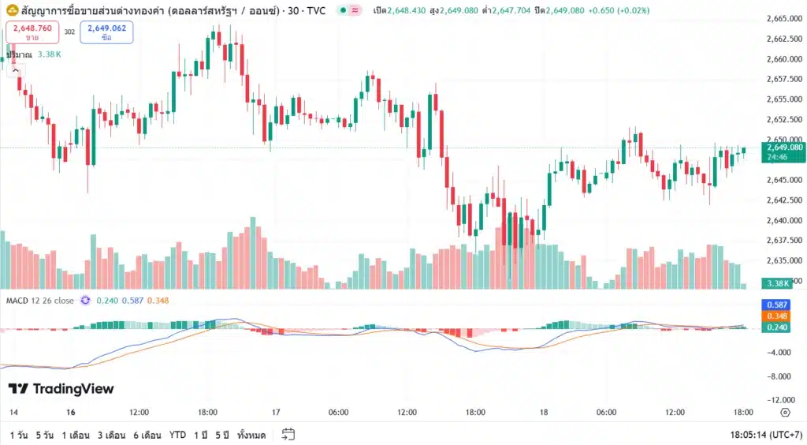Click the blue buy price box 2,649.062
tap(106, 32)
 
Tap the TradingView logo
tap(61, 389)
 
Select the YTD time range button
tap(177, 435)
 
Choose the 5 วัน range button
tap(44, 435)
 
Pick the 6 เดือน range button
tap(147, 435)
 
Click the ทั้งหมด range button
tap(251, 435)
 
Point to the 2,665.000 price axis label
tap(783, 18)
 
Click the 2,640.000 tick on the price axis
tap(783, 220)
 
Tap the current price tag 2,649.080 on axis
tap(783, 147)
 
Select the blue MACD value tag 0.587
tap(778, 305)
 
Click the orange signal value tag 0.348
tap(778, 316)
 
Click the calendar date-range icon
tap(288, 435)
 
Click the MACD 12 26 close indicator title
tap(40, 301)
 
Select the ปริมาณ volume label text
tap(18, 54)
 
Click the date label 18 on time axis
tap(544, 413)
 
